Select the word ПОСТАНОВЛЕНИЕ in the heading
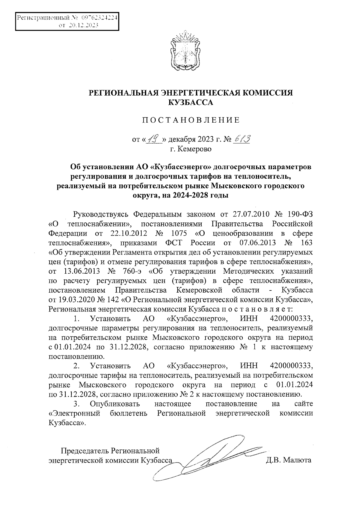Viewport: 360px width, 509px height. pos(191,121)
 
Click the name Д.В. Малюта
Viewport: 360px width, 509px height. pos(288,460)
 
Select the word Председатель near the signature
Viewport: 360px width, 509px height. pos(85,451)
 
